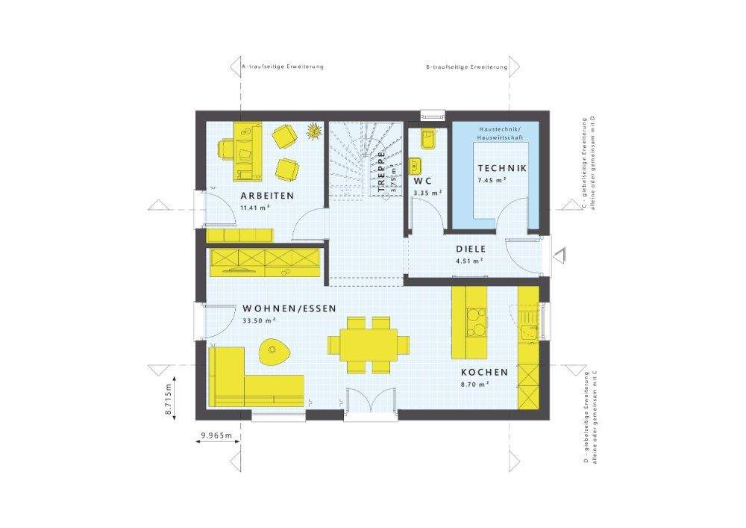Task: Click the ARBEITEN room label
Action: [267, 196]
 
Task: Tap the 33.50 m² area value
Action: [260, 320]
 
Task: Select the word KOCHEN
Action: [483, 372]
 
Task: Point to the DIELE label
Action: [471, 249]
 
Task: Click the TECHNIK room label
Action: [502, 168]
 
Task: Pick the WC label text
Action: [423, 181]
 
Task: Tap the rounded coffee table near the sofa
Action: [275, 350]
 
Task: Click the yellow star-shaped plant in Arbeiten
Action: [313, 131]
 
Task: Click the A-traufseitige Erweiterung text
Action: [282, 67]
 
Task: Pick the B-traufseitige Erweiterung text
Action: [466, 67]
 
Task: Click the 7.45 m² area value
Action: [492, 181]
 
